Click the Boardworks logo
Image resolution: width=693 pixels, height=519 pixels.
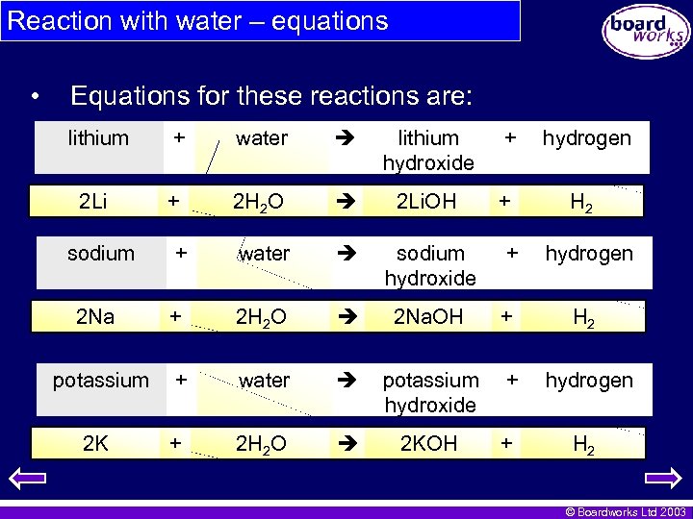646,31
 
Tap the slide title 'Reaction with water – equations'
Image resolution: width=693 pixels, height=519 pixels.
197,21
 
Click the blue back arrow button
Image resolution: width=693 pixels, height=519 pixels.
32,478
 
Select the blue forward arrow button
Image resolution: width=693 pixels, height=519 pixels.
662,478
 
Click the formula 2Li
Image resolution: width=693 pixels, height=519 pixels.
92,201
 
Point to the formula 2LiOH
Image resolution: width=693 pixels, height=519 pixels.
427,201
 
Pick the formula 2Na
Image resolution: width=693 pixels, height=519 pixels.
95,316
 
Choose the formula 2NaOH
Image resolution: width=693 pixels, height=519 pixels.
428,316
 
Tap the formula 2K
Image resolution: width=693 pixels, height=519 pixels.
95,443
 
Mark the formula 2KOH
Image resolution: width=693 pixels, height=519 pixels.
430,443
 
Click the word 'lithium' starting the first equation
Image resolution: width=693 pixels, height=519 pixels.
98,138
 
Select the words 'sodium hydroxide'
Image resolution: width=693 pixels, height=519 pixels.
430,265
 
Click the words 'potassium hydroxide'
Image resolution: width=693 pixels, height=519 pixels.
430,392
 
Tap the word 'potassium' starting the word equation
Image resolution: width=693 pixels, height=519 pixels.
100,381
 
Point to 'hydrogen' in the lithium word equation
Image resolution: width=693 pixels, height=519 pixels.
586,138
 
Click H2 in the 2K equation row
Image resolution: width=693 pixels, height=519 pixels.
582,444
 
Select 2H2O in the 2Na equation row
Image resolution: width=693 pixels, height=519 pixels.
262,317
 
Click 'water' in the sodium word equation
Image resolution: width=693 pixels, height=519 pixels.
264,254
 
